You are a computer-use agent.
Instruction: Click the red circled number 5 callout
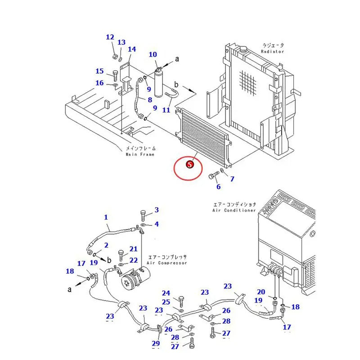[x=190, y=165]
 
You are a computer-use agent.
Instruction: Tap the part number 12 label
[x=110, y=37]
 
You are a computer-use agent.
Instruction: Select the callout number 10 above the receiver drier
[x=153, y=55]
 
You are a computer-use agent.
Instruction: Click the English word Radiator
[x=273, y=51]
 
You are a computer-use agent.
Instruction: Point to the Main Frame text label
[x=140, y=154]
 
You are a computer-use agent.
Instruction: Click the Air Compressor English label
[x=166, y=263]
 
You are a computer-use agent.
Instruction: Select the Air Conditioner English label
[x=234, y=210]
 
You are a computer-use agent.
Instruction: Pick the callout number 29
[x=156, y=344]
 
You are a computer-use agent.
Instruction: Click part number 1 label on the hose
[x=106, y=217]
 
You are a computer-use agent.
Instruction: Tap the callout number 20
[x=261, y=292]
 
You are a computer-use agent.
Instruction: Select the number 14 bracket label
[x=132, y=49]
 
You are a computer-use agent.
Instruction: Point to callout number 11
[x=166, y=110]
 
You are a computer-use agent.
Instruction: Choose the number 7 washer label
[x=232, y=179]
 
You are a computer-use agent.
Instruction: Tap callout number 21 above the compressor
[x=134, y=249]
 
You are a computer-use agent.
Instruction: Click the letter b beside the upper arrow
[x=176, y=85]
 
